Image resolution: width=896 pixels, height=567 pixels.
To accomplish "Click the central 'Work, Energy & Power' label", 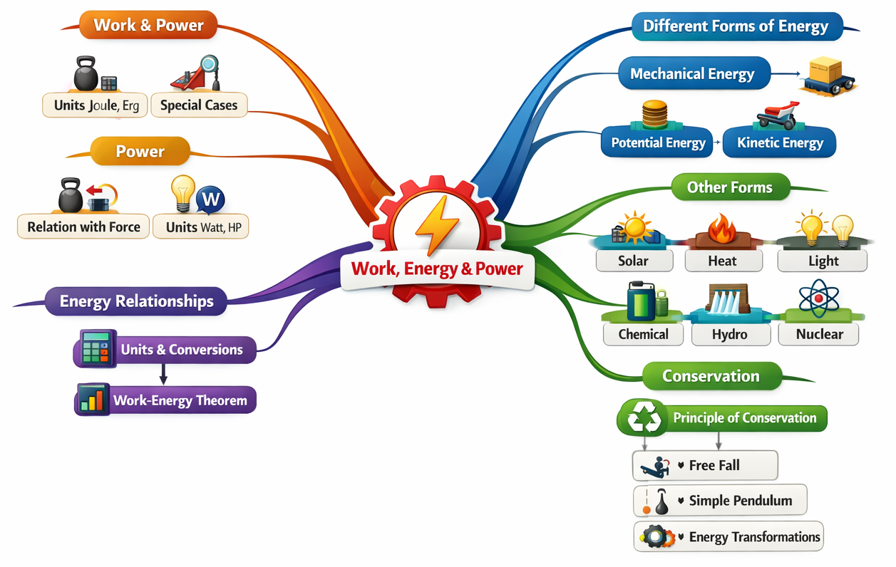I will [x=437, y=269].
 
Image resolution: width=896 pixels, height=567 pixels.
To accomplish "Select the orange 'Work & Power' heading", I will [x=149, y=26].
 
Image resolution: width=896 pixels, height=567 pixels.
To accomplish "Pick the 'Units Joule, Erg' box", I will [x=96, y=106].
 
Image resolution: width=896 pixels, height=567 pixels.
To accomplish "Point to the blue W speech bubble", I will [x=211, y=199].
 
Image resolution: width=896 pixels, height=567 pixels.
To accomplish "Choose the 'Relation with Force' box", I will [x=84, y=227].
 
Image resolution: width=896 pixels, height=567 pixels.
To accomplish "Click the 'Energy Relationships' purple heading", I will [x=136, y=301].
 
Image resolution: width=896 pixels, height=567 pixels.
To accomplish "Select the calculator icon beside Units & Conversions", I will [x=96, y=348].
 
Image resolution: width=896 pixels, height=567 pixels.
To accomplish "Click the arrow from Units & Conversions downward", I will [x=163, y=375].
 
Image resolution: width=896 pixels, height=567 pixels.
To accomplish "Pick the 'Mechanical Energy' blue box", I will [x=691, y=74].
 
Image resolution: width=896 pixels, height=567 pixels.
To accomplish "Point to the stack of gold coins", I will [x=655, y=114].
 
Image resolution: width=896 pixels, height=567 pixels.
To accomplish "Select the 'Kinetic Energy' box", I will [x=780, y=142].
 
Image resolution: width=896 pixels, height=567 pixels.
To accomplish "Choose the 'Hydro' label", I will [x=730, y=334].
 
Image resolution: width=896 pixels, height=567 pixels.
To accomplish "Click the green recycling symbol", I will [x=644, y=417].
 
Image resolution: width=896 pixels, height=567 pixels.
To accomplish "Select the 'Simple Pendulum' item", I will [x=740, y=501].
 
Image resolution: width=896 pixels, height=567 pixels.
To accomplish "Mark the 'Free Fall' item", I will [x=714, y=466].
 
